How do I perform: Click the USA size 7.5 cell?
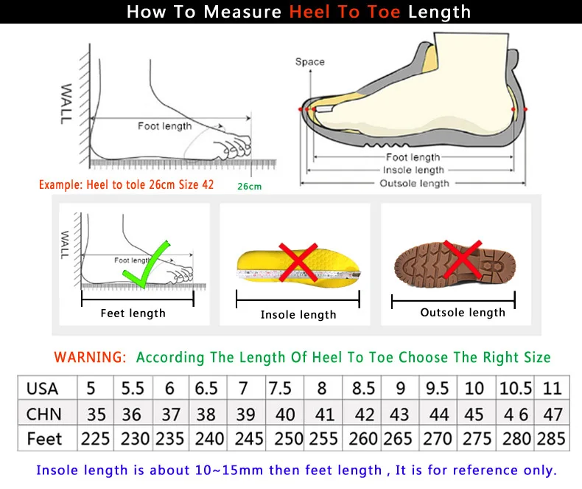click(x=280, y=388)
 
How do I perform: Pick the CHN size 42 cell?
click(x=364, y=414)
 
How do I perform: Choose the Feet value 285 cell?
click(x=552, y=439)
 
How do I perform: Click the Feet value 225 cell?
click(x=95, y=439)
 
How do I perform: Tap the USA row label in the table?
click(x=43, y=388)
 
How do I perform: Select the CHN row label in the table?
click(x=43, y=414)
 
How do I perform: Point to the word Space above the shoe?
click(x=309, y=62)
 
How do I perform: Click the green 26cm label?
click(x=249, y=187)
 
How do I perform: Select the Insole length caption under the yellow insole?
click(x=298, y=315)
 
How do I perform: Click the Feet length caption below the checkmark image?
click(x=133, y=313)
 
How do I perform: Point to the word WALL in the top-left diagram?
click(x=66, y=103)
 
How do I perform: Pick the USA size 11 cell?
click(x=552, y=388)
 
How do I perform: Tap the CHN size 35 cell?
click(x=95, y=414)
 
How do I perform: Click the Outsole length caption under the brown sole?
click(x=463, y=313)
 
